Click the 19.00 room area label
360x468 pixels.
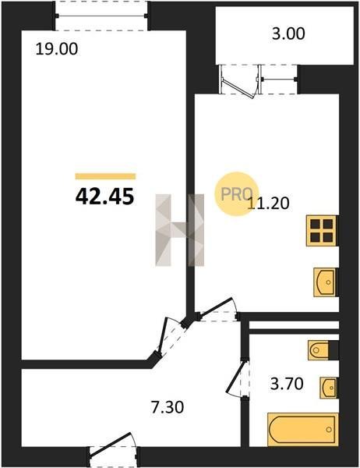pyautogui.click(x=56, y=48)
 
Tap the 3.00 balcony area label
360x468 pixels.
pyautogui.click(x=288, y=34)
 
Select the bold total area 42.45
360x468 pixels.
pyautogui.click(x=104, y=197)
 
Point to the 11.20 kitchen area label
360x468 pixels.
pyautogui.click(x=268, y=204)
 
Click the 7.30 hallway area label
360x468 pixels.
pyautogui.click(x=168, y=407)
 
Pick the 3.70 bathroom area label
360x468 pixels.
pyautogui.click(x=287, y=384)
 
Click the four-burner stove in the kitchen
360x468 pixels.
pyautogui.click(x=322, y=231)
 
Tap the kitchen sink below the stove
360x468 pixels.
pyautogui.click(x=324, y=282)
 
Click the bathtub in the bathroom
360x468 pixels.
pyautogui.click(x=303, y=429)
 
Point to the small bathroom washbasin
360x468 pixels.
pyautogui.click(x=329, y=388)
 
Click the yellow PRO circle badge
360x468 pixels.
pyautogui.click(x=237, y=194)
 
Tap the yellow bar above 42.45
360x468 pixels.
pyautogui.click(x=105, y=176)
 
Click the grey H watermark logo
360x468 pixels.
pyautogui.click(x=180, y=230)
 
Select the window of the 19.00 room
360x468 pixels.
pyautogui.click(x=101, y=16)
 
